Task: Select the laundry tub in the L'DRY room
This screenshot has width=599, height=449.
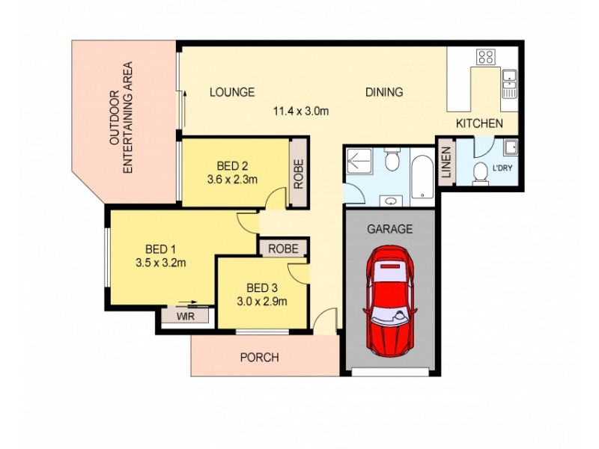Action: pyautogui.click(x=510, y=147)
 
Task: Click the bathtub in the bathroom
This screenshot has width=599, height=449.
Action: pyautogui.click(x=422, y=176)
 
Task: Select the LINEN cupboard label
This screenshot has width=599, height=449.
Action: pyautogui.click(x=446, y=163)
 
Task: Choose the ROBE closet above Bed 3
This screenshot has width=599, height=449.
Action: pyautogui.click(x=284, y=248)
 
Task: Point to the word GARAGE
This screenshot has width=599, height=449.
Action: pyautogui.click(x=389, y=230)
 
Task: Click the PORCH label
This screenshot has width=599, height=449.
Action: pyautogui.click(x=259, y=358)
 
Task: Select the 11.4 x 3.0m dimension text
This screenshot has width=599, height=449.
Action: pyautogui.click(x=300, y=112)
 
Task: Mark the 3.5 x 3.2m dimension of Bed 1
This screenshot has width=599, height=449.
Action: pyautogui.click(x=160, y=263)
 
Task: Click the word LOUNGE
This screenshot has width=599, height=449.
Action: pyautogui.click(x=231, y=93)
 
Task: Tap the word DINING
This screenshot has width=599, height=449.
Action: pyautogui.click(x=384, y=93)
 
